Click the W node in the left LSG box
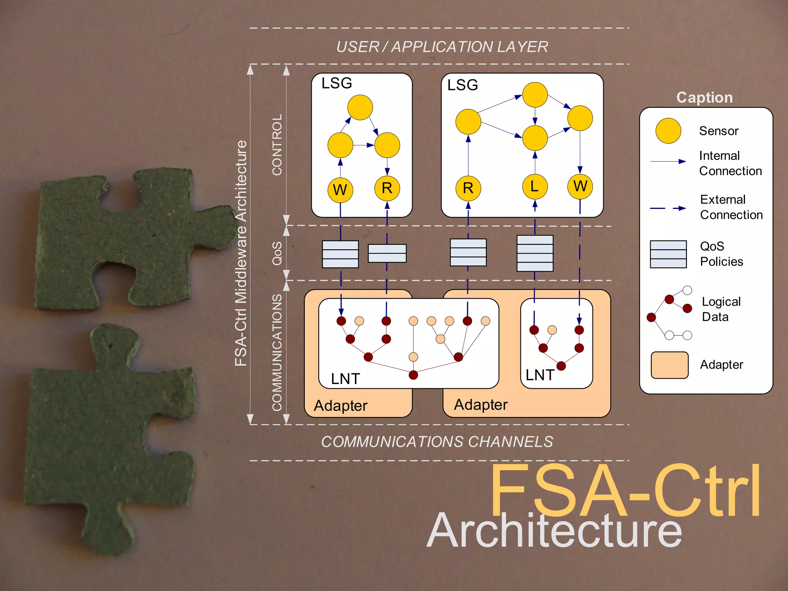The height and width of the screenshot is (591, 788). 340,190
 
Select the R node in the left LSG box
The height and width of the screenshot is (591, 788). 387,188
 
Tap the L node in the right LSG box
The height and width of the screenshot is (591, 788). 535,187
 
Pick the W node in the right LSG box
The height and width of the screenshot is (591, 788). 580,186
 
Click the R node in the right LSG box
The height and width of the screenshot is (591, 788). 468,188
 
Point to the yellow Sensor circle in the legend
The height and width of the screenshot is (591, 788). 668,131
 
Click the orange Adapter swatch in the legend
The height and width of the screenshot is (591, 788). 669,365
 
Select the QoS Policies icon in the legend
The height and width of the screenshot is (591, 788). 668,254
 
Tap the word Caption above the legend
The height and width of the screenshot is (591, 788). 705,97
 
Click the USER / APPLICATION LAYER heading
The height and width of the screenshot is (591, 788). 442,47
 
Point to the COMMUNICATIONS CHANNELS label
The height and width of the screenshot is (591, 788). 437,442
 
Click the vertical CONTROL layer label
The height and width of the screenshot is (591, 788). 277,145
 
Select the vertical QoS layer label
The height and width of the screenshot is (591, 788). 277,253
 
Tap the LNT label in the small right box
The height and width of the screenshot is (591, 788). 540,375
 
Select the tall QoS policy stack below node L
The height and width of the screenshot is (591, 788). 535,253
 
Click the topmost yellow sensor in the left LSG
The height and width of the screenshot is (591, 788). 360,107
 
